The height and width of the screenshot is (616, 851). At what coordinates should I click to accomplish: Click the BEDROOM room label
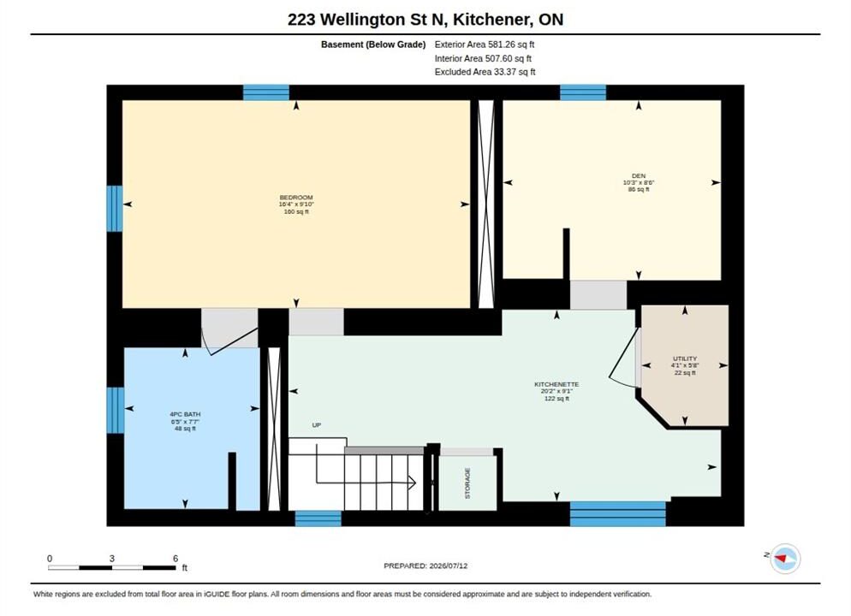click(296, 198)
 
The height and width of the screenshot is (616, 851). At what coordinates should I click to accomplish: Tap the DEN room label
click(639, 175)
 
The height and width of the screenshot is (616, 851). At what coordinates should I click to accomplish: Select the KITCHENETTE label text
click(556, 384)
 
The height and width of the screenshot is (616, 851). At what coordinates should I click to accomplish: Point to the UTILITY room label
click(685, 358)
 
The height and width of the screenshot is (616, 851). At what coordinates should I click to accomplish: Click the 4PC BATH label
click(185, 414)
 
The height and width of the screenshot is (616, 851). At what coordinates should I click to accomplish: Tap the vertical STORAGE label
click(467, 483)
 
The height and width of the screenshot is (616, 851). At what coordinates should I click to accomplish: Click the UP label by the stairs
click(317, 425)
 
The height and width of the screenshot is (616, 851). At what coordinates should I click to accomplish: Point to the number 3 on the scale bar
click(112, 559)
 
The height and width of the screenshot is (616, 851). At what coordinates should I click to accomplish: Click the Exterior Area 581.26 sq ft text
click(484, 44)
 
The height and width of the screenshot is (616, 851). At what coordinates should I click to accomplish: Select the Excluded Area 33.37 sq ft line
click(485, 72)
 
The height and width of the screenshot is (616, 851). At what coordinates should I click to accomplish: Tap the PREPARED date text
click(425, 566)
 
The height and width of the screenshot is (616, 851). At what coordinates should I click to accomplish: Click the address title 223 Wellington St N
click(366, 20)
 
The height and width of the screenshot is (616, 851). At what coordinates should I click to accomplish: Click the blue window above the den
click(583, 92)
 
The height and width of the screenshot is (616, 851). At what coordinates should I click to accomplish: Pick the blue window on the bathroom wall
click(115, 410)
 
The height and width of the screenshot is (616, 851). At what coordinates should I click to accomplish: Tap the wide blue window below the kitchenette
click(617, 513)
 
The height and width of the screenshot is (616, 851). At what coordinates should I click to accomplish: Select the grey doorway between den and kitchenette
click(598, 295)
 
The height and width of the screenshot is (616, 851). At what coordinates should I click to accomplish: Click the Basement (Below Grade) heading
click(373, 44)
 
